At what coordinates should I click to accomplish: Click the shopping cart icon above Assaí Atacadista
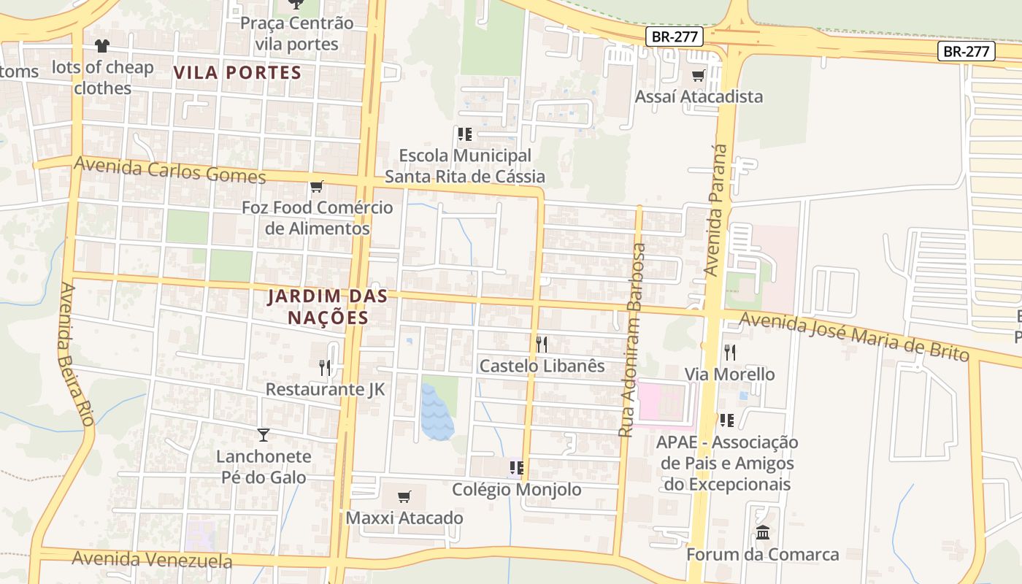[699, 74]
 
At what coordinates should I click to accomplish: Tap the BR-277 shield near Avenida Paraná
[674, 36]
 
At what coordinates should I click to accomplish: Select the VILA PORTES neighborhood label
[237, 72]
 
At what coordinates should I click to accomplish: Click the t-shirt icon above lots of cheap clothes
[102, 46]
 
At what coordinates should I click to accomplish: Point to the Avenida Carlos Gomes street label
[169, 171]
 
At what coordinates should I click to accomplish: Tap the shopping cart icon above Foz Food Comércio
[316, 187]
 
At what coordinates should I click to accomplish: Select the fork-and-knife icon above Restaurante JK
[325, 367]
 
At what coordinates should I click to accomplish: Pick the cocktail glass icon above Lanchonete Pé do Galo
[264, 435]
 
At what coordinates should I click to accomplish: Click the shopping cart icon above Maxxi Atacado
[404, 497]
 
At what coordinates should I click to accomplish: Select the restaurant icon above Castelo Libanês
[542, 344]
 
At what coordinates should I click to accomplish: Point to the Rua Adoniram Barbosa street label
[632, 340]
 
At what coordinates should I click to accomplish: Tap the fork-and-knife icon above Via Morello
[729, 353]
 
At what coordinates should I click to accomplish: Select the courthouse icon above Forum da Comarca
[763, 532]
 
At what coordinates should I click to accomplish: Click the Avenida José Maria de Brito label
[854, 336]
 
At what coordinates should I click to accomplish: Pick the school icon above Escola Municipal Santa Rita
[464, 134]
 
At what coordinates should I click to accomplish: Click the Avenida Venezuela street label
[152, 560]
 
